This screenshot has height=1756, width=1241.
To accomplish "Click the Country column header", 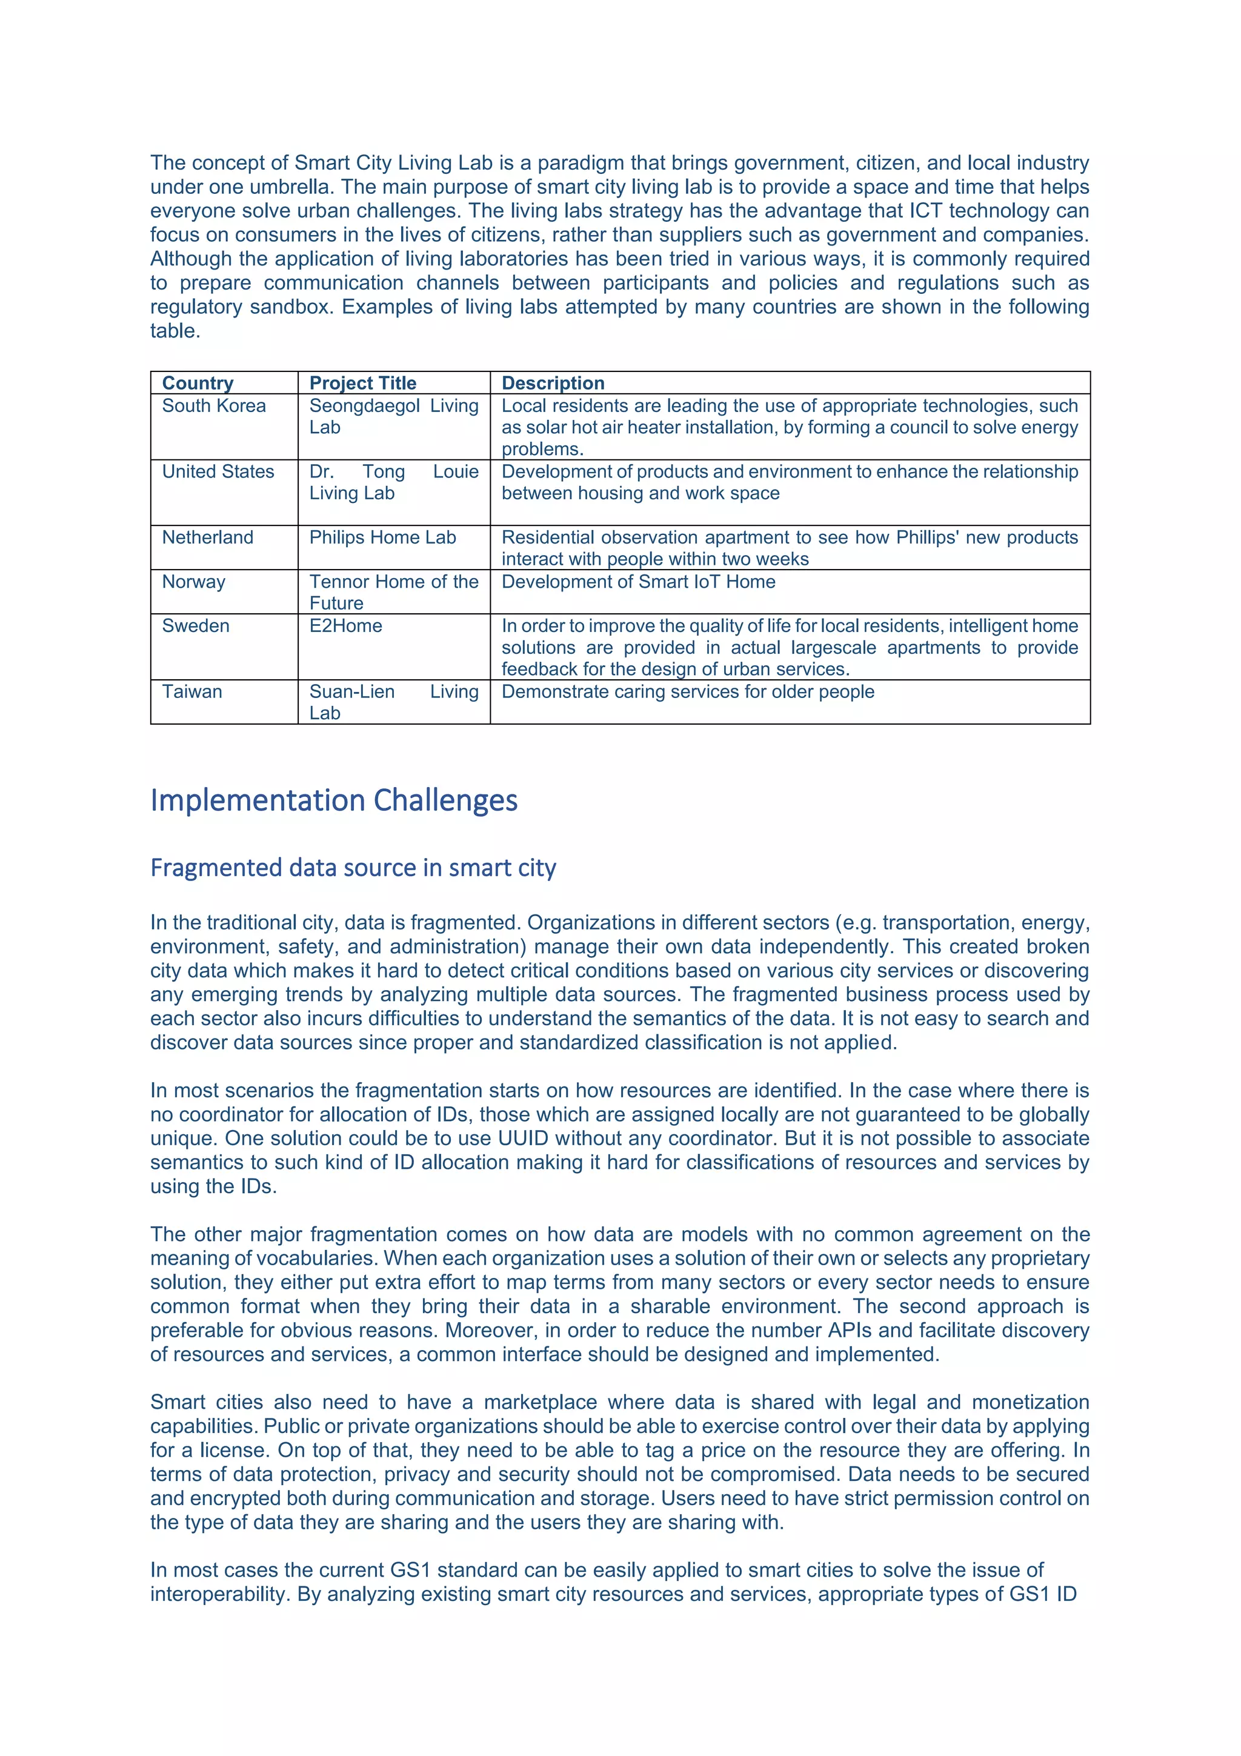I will click(x=198, y=382).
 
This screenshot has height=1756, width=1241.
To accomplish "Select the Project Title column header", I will click(x=362, y=382).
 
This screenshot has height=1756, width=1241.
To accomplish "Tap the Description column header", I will click(x=553, y=382).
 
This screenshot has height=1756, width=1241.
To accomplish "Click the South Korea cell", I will click(x=213, y=405).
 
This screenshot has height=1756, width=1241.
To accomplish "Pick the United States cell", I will click(x=218, y=471).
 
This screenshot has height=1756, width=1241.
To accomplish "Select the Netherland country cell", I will click(x=207, y=537).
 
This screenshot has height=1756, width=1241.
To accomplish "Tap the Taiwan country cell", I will click(x=192, y=691).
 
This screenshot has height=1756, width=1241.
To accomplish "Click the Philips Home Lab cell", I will click(x=382, y=537).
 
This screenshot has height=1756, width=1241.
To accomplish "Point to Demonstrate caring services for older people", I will click(x=687, y=691).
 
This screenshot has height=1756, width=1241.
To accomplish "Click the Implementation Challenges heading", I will click(x=333, y=800).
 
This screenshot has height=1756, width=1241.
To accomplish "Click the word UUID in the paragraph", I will click(x=524, y=1138).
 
